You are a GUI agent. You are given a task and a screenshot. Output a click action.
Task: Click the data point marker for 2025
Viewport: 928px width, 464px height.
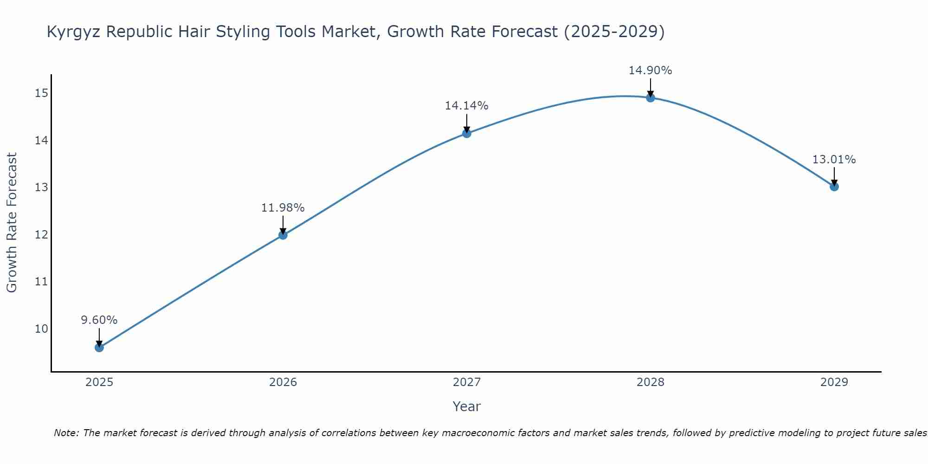99,348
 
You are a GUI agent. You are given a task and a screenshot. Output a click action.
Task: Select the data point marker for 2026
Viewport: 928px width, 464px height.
283,235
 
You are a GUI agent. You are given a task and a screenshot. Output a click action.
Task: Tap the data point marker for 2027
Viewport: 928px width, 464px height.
467,133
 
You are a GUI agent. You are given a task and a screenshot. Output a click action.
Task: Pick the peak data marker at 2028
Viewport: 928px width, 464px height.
651,97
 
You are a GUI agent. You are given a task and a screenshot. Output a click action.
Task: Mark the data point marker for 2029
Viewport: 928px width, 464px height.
834,187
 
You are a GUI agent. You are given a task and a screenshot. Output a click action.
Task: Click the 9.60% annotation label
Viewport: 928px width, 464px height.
99,320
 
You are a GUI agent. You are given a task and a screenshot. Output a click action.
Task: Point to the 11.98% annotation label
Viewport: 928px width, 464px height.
283,208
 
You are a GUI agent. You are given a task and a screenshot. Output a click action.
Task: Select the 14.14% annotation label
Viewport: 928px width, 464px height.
467,106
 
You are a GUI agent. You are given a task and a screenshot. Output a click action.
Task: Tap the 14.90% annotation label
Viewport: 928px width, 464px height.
651,71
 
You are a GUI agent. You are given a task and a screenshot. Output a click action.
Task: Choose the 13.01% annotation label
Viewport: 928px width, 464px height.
834,160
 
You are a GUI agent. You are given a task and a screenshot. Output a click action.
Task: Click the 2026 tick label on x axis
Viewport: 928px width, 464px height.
283,382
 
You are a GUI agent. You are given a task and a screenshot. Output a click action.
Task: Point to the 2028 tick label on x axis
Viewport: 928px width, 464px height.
651,382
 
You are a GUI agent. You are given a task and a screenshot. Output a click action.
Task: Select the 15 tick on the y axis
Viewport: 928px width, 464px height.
41,93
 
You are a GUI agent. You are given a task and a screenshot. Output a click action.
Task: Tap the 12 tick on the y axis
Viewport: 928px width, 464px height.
41,235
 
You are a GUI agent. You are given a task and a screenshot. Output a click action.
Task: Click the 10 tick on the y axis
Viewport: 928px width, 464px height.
41,329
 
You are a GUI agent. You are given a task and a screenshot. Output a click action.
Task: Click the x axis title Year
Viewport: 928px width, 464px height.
467,406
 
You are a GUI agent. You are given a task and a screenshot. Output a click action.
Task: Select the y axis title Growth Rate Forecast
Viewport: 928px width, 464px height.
12,223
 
